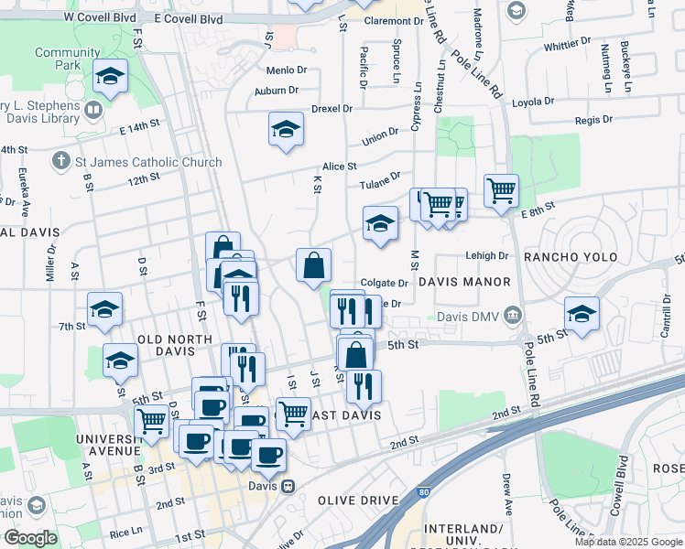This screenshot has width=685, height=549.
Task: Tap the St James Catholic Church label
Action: click(149, 162)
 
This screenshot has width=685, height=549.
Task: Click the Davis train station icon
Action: click(288, 486)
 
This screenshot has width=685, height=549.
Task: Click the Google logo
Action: click(31, 538)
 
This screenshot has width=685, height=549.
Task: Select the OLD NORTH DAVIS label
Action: click(175, 339)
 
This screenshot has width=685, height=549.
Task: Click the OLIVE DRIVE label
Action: click(358, 501)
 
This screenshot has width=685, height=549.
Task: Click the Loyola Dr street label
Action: click(536, 102)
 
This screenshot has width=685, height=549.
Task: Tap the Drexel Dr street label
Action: click(332, 109)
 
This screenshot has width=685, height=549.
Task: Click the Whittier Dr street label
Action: click(567, 46)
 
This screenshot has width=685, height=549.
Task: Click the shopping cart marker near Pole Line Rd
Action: click(501, 191)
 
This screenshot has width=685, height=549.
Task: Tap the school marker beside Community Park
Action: click(110, 77)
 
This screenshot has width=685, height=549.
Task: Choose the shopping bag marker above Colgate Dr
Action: click(313, 265)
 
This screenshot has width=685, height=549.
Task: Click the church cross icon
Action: click(61, 162)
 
